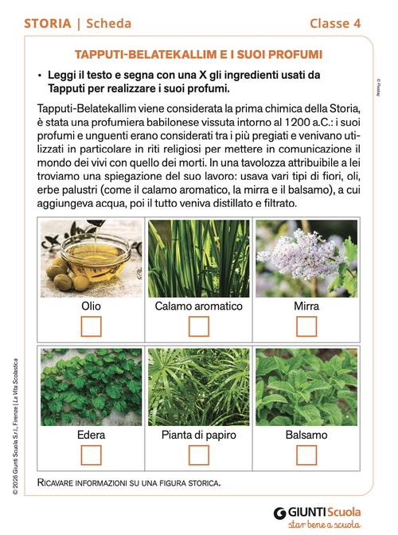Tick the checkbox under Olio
[x=92, y=326]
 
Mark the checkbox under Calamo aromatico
[x=199, y=326]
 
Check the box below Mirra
[x=306, y=326]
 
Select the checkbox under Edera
[x=92, y=455]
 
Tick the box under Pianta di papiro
[x=199, y=455]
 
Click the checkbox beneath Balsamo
[x=306, y=455]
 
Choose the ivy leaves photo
[x=92, y=387]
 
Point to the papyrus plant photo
[x=199, y=387]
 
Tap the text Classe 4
[x=335, y=23]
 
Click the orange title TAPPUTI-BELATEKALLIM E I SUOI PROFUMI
[x=198, y=54]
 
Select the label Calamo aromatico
[x=199, y=306]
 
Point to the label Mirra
[x=306, y=306]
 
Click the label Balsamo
[x=306, y=435]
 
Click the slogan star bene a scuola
[x=325, y=526]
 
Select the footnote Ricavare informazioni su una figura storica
[x=128, y=482]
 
